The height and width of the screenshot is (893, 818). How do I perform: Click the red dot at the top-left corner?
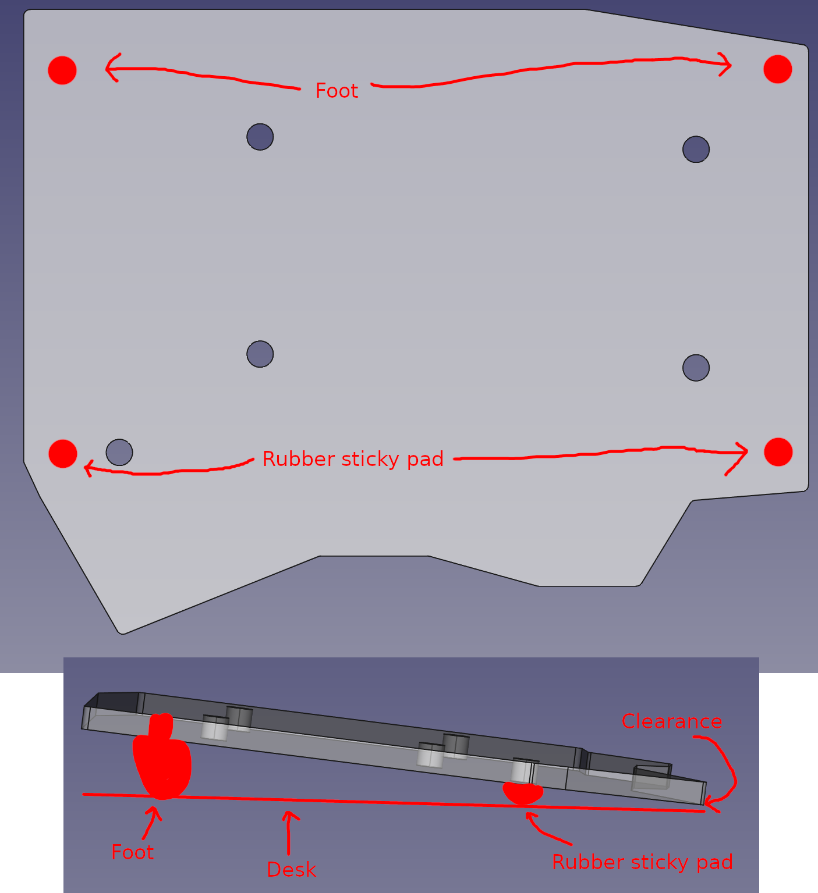point(62,70)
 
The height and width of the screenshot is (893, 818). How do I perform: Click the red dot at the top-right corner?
point(777,69)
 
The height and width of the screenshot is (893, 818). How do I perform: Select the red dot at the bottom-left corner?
point(63,454)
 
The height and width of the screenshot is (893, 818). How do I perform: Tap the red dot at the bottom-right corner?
point(778,452)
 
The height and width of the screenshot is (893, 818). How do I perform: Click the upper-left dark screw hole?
point(260,137)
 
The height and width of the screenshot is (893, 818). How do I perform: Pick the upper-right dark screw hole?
point(696,150)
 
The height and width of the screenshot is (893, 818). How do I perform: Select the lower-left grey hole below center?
point(260,354)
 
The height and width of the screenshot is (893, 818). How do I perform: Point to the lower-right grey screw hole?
point(696,368)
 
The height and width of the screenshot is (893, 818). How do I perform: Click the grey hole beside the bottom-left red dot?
point(119,452)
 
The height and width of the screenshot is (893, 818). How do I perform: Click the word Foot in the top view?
point(337,91)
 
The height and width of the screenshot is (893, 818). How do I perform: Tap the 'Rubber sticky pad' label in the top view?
point(353,459)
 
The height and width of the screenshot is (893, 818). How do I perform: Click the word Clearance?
point(671,721)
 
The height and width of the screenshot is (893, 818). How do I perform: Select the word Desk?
point(291,870)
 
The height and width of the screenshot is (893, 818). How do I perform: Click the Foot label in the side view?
point(133,852)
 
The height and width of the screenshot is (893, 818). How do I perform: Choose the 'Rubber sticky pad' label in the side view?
point(642,862)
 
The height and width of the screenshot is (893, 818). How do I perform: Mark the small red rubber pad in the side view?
point(523,792)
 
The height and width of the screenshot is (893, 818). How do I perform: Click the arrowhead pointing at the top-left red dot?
point(110,68)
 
